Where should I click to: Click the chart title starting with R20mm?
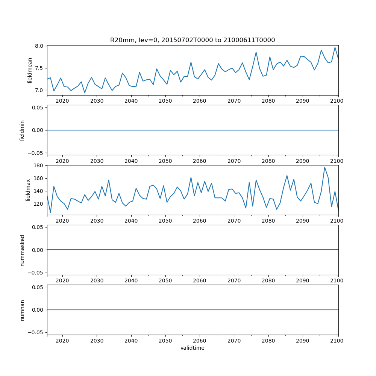[193, 40]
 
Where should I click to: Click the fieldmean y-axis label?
[30, 70]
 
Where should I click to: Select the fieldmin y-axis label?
[22, 130]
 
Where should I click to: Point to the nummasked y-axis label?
[22, 250]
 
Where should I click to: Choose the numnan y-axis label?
[22, 310]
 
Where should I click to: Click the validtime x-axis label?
[193, 348]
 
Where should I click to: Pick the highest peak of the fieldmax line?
[324, 167]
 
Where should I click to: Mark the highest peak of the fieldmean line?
[335, 47]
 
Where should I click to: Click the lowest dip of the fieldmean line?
[85, 92]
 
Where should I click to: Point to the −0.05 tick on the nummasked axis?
[37, 272]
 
